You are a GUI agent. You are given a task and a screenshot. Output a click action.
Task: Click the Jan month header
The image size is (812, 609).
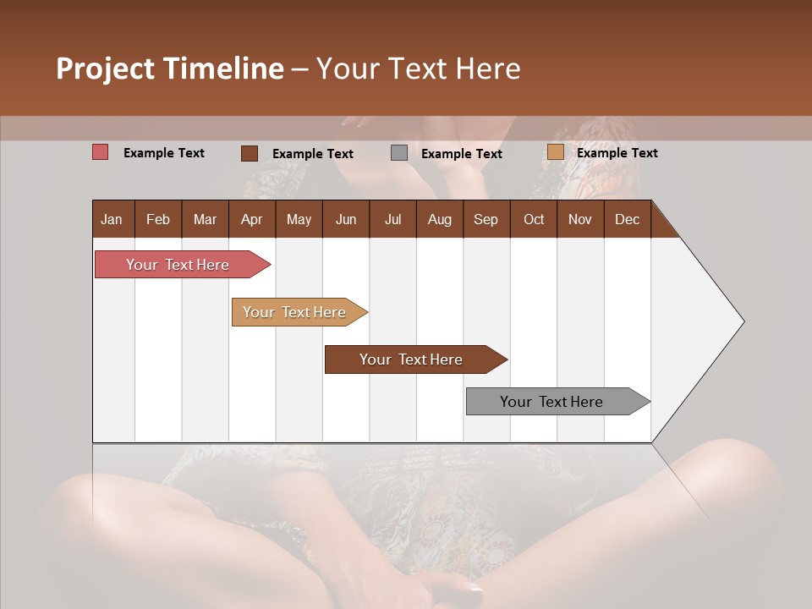click(112, 219)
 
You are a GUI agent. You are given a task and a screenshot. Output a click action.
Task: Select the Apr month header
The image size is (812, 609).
click(251, 219)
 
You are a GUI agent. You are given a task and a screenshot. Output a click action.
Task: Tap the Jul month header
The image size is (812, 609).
click(392, 219)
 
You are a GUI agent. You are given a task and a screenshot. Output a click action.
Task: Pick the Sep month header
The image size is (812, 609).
click(486, 219)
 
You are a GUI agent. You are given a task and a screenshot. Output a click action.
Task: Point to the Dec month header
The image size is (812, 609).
click(627, 219)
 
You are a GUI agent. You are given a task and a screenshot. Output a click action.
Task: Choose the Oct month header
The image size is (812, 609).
click(534, 219)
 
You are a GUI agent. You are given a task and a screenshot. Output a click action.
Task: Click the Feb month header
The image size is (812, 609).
click(158, 219)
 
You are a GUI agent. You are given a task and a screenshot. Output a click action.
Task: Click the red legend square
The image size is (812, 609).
click(100, 152)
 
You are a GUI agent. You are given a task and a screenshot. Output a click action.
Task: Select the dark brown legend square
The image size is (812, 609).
click(249, 153)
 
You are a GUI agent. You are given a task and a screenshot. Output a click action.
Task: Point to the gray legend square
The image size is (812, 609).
click(399, 153)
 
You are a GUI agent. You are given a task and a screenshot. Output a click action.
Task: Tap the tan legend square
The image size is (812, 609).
click(555, 152)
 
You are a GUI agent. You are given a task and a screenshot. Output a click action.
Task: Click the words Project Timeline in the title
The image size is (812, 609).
click(169, 69)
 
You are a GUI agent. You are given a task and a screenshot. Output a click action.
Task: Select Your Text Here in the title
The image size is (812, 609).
click(418, 69)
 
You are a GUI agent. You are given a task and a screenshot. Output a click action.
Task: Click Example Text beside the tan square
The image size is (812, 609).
click(617, 153)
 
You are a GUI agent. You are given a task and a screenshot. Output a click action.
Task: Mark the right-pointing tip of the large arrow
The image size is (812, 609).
click(742, 321)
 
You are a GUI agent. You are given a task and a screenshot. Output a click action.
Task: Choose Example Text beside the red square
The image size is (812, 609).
click(163, 153)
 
